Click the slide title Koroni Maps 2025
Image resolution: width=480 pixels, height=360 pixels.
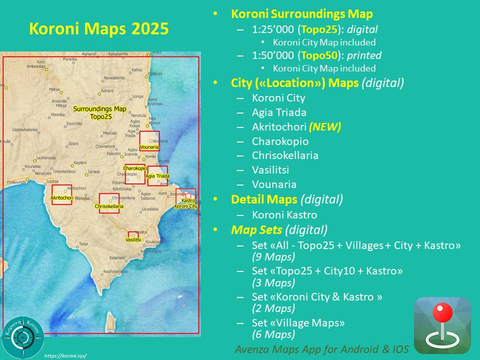pyautogui.click(x=98, y=29)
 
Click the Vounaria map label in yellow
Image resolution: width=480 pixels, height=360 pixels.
pyautogui.click(x=149, y=147)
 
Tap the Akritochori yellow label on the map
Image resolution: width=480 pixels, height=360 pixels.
pyautogui.click(x=62, y=199)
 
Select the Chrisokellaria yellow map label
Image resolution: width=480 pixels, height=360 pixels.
pyautogui.click(x=109, y=206)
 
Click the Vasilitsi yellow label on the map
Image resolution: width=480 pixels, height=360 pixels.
pyautogui.click(x=133, y=240)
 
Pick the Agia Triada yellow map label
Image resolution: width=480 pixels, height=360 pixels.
pyautogui.click(x=157, y=176)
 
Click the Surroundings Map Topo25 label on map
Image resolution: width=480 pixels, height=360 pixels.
pyautogui.click(x=99, y=112)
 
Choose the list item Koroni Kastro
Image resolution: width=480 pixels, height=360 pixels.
pyautogui.click(x=284, y=215)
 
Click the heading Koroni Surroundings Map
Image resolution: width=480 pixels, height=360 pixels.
pyautogui.click(x=301, y=14)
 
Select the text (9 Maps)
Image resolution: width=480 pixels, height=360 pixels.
pyautogui.click(x=273, y=257)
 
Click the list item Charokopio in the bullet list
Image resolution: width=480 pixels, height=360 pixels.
pyautogui.click(x=280, y=141)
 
